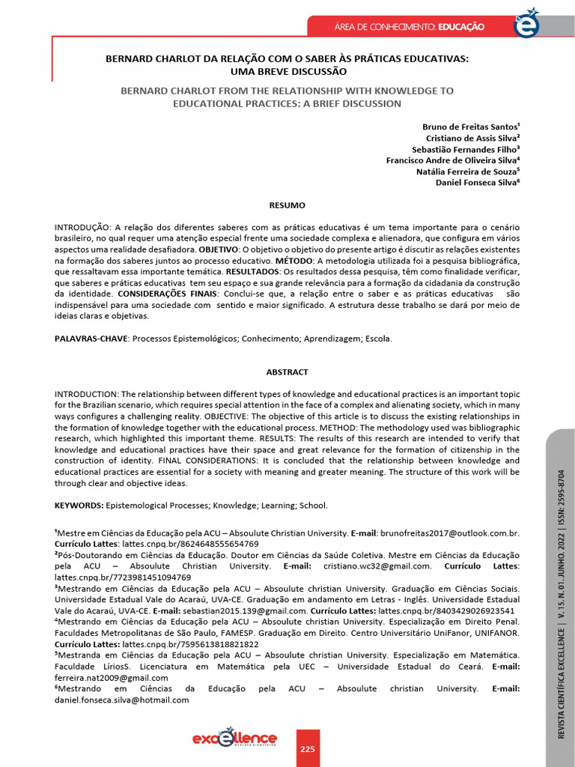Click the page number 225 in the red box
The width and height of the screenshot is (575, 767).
[308, 749]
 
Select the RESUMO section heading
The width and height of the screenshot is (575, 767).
[287, 204]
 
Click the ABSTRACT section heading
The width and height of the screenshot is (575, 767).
[287, 372]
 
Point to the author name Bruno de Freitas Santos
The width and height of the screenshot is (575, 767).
[472, 127]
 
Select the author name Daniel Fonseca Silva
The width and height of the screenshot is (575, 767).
[478, 182]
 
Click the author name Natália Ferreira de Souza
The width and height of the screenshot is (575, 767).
[468, 171]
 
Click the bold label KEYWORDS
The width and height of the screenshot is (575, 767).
[79, 506]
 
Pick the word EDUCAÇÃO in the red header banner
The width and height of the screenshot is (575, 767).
[460, 27]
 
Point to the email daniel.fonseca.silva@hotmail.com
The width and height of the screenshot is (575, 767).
[122, 700]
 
